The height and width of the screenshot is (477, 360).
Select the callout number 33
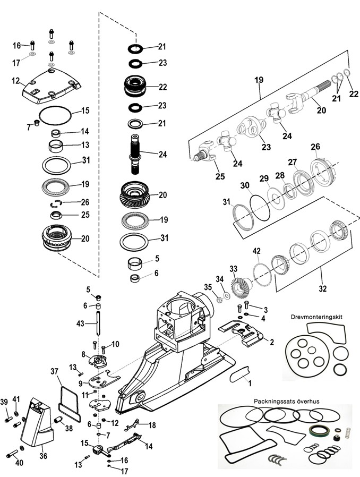(x=233, y=269)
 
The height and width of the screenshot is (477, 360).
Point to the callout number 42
(x=256, y=251)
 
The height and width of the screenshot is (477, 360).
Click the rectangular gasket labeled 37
(x=69, y=398)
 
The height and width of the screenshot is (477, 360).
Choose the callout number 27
(x=292, y=163)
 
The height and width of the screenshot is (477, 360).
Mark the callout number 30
(x=244, y=185)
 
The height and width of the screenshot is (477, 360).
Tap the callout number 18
(x=152, y=425)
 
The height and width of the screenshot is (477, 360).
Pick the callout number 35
(x=208, y=287)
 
